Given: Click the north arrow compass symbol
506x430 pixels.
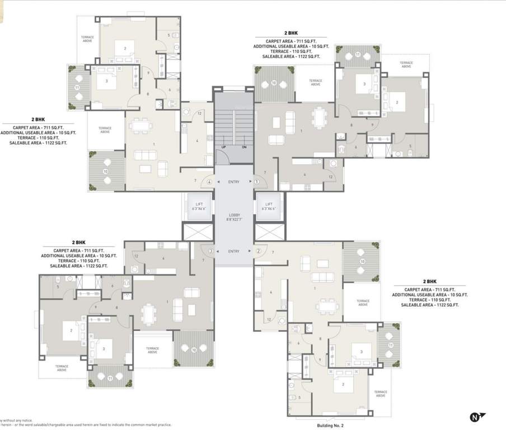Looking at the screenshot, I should click(x=477, y=417).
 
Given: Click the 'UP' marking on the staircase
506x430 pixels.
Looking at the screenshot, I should click(x=223, y=147).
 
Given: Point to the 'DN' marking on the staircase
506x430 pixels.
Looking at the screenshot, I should click(x=244, y=147).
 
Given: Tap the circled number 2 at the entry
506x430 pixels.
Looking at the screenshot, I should click(x=259, y=251).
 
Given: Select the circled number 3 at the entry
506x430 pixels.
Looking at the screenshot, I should click(x=210, y=251).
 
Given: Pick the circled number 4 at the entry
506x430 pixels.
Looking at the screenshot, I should click(x=209, y=181).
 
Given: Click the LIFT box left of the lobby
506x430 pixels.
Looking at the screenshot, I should click(x=198, y=206).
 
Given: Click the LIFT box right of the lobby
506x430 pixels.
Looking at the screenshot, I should click(x=269, y=206).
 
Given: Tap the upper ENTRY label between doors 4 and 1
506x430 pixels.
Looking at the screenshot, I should click(x=233, y=181).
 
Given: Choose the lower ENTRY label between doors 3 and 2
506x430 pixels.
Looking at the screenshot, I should click(x=234, y=251).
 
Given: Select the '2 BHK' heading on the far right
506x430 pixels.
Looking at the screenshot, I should click(x=429, y=281).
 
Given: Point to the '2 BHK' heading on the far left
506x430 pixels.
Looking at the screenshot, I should click(x=38, y=119).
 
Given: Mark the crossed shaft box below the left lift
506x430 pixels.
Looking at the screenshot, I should click(x=198, y=231).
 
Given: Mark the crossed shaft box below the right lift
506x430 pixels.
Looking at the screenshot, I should click(x=269, y=231).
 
